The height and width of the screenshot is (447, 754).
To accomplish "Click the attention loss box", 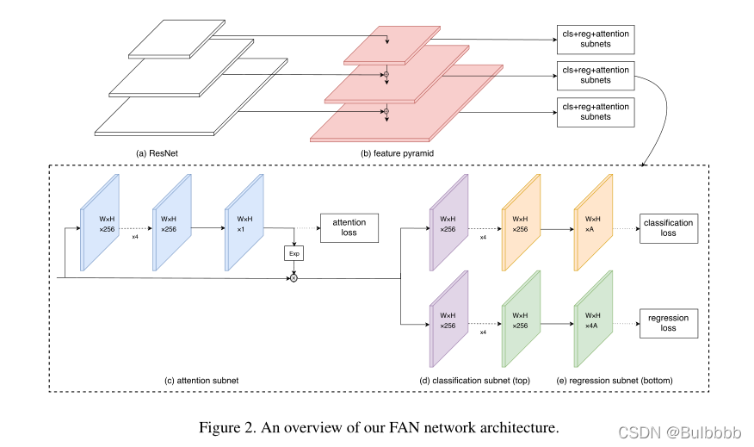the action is click(x=349, y=227).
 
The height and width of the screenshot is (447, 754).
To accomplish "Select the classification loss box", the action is click(x=669, y=228).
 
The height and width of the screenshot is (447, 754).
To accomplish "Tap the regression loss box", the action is click(x=669, y=323).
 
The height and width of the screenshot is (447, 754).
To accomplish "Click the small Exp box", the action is click(x=294, y=253).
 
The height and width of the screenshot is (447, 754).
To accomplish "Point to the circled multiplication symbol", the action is click(x=294, y=278).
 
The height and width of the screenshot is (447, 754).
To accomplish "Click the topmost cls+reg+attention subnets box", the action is click(x=596, y=40).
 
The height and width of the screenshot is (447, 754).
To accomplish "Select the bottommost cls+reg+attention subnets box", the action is click(x=596, y=112).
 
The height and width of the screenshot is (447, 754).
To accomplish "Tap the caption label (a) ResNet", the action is click(x=157, y=153).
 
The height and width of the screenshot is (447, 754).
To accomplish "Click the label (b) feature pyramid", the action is click(x=397, y=153).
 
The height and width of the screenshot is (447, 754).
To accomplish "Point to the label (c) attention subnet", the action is click(x=201, y=381).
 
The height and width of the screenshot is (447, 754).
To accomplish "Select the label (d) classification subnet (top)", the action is click(x=474, y=381).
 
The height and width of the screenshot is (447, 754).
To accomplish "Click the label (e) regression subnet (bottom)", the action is click(x=615, y=381).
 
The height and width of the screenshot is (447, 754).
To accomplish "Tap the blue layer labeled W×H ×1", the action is click(x=244, y=223).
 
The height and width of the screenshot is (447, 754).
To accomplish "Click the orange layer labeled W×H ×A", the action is click(x=593, y=223).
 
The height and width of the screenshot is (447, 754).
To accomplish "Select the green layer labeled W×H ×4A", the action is click(x=593, y=319).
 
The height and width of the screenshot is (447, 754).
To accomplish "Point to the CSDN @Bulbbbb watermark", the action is click(x=679, y=432).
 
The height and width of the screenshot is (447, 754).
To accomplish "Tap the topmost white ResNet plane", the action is click(x=176, y=39).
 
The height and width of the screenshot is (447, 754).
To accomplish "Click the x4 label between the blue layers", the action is click(x=135, y=237).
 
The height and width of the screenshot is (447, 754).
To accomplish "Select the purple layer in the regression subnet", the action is click(x=448, y=319).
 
